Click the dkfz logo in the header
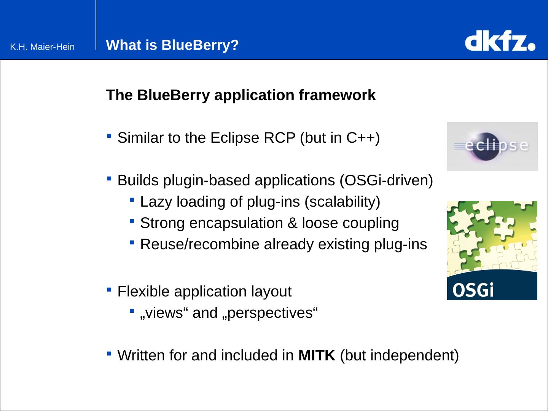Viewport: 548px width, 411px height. pos(500,42)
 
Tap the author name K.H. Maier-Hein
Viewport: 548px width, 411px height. pos(42,47)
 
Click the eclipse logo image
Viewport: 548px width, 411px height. pos(492,147)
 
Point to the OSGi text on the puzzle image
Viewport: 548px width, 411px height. pos(473,290)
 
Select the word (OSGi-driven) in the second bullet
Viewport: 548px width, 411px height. pos(386,180)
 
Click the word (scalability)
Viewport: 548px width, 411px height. pos(342,202)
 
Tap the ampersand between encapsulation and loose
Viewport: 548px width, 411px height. pos(293,223)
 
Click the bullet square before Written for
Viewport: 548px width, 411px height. pos(109,354)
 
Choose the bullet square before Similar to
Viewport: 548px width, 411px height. pos(109,136)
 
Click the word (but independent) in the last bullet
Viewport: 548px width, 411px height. pos(399,355)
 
